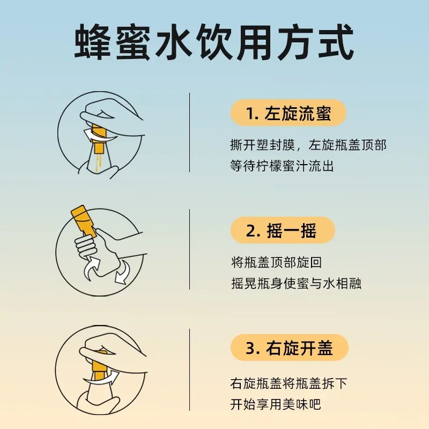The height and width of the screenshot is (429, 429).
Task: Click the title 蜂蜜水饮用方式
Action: tap(214, 42)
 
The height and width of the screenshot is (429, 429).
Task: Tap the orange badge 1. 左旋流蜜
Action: tap(288, 114)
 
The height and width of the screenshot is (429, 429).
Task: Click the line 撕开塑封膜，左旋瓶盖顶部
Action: tap(308, 145)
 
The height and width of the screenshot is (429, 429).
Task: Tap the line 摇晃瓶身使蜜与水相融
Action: tap(295, 283)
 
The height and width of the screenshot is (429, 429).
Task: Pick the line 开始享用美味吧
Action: tap(276, 404)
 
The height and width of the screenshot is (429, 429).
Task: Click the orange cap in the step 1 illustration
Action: tap(98, 132)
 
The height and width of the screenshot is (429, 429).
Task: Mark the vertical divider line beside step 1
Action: tap(190, 132)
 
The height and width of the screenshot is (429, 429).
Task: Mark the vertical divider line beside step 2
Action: tap(190, 249)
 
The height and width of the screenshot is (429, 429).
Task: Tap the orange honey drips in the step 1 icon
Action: tap(99, 158)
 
